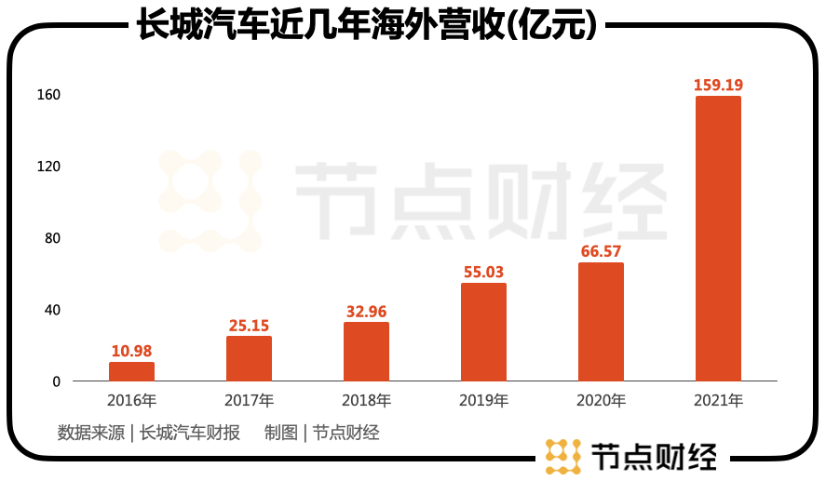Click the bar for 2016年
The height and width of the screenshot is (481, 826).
tap(131, 371)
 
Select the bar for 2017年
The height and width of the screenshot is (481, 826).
tap(249, 358)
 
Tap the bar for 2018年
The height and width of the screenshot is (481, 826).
tap(366, 352)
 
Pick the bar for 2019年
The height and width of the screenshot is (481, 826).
tap(484, 332)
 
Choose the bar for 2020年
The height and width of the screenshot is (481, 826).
tap(601, 322)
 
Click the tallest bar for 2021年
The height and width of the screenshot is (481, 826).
tap(718, 238)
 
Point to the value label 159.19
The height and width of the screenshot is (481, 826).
tap(718, 86)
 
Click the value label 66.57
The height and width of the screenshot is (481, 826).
tap(601, 251)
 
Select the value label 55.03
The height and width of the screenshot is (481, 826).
tap(484, 273)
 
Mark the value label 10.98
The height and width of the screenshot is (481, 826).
tap(131, 351)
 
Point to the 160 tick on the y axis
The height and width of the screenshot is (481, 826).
tap(48, 95)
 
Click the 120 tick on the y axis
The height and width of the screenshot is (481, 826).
tap(48, 167)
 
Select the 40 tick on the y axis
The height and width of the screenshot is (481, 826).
tap(51, 310)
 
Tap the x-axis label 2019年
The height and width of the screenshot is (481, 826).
tap(484, 402)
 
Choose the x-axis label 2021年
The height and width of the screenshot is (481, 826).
tap(718, 402)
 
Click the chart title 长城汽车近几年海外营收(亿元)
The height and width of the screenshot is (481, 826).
tap(366, 25)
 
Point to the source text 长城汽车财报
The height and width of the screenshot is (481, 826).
tap(190, 433)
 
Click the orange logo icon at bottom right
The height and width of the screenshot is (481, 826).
tap(562, 457)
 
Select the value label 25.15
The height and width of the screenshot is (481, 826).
tap(249, 326)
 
